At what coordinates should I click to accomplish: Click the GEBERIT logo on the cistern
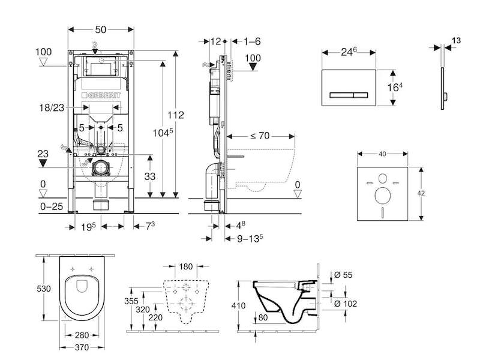tap(101, 95)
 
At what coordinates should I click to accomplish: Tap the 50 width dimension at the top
tap(101, 29)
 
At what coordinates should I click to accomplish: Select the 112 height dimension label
tap(176, 115)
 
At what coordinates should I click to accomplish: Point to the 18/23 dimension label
tap(52, 107)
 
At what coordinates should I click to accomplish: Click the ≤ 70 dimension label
tap(260, 136)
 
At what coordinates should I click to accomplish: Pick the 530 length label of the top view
tap(43, 289)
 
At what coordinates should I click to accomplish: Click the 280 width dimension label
tap(82, 335)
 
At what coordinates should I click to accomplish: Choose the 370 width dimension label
tap(82, 347)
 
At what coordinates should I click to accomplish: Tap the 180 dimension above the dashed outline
tap(185, 266)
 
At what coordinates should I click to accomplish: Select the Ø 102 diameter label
tap(346, 304)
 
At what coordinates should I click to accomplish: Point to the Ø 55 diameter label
tap(343, 275)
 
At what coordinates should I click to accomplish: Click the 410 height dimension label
tap(238, 305)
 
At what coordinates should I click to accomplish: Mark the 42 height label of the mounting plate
tap(421, 193)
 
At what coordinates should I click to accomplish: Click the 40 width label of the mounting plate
tap(382, 154)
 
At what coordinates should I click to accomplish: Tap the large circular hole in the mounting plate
tap(383, 196)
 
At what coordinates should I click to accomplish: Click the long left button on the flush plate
tap(341, 95)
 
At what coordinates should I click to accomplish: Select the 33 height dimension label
tap(150, 176)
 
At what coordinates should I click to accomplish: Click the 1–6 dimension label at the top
tap(252, 41)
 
